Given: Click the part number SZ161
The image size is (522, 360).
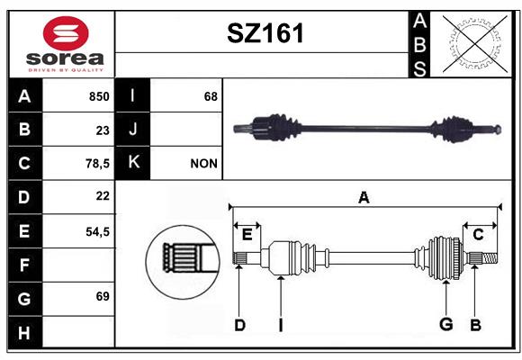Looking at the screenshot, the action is point(265,33).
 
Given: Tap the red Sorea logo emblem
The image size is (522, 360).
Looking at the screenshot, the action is point(66,33).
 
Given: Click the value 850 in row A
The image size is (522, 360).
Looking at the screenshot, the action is point(99,96).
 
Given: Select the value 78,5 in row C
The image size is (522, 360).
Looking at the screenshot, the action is point(97,164).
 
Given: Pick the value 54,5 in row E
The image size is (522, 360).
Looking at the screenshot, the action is point(97,231).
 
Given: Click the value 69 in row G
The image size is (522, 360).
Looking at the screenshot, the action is point(103,296).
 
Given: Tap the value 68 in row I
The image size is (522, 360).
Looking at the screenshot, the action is point(211,96).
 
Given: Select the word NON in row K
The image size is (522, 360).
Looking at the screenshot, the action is point(203,164).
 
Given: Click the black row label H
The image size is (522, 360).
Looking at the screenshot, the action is point(25,332).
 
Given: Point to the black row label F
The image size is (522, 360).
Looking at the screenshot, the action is point(25,265).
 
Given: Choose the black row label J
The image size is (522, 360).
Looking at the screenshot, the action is point(132,130).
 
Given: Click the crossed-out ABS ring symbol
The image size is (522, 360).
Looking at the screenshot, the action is point(475,44).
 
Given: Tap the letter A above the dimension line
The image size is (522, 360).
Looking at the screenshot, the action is point(364,198).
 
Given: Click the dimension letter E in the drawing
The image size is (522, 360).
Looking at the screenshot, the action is point(247,235).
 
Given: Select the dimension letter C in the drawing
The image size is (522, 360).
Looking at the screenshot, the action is point(479,235).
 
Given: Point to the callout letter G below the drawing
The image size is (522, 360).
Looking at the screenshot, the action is point(446,324).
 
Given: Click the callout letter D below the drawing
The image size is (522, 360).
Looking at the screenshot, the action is point(239,325).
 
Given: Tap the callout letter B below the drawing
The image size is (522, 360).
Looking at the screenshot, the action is point(476,325).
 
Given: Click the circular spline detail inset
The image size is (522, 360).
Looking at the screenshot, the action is point(183,262).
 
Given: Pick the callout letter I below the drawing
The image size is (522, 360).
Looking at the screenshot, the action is point(281,325).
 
